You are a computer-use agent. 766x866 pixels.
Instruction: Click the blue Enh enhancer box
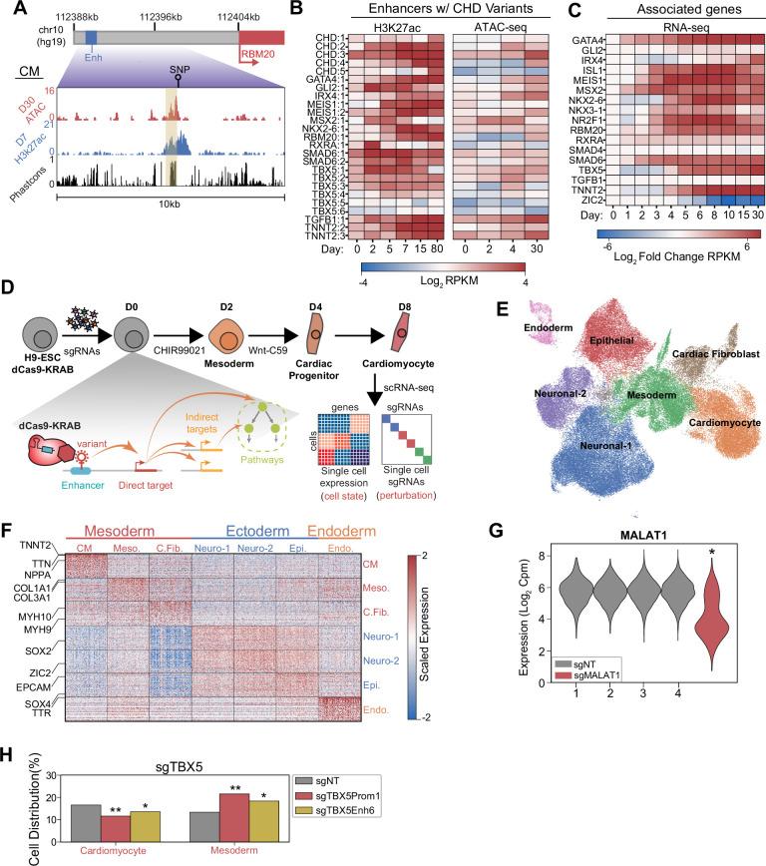(x=92, y=36)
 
